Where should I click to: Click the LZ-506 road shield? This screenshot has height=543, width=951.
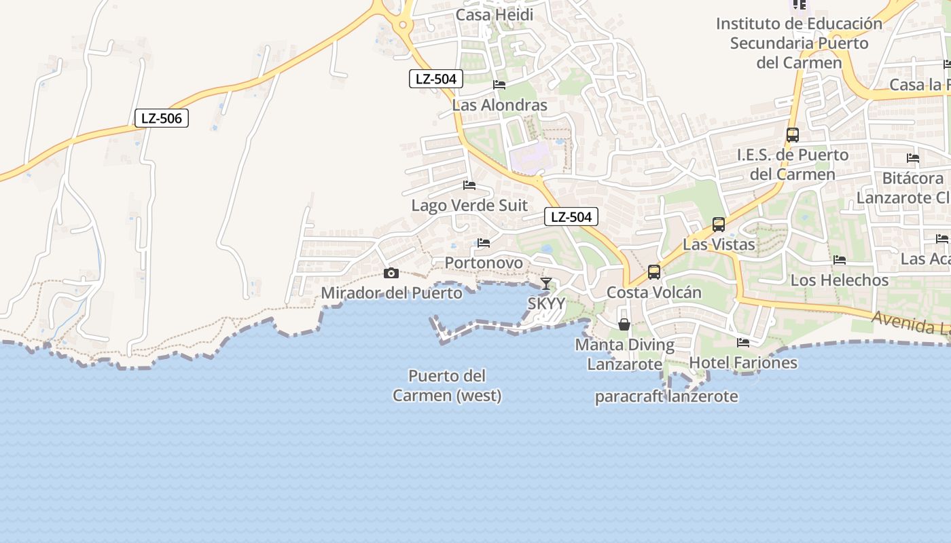click(161, 118)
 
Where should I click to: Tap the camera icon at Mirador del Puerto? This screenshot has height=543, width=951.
click(391, 274)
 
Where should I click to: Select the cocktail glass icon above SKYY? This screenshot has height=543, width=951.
click(546, 284)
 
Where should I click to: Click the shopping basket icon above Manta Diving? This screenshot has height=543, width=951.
click(624, 324)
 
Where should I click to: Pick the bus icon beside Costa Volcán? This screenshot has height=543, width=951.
click(654, 272)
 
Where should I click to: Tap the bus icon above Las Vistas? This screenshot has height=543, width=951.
click(719, 225)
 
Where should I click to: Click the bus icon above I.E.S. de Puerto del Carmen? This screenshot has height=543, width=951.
click(793, 134)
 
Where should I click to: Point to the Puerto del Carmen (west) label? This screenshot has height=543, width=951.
click(447, 386)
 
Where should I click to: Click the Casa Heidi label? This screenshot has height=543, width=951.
click(495, 15)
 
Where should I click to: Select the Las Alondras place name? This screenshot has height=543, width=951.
click(499, 105)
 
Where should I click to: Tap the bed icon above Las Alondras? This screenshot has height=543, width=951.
click(499, 85)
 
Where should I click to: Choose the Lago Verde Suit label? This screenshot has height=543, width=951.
click(469, 205)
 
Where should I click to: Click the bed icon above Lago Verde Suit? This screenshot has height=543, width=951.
click(469, 185)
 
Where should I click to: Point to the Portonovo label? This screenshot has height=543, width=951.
click(484, 263)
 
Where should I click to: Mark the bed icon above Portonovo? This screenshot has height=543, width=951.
click(484, 242)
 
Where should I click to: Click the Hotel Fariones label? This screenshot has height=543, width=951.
click(743, 362)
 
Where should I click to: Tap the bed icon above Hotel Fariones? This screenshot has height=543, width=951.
click(743, 343)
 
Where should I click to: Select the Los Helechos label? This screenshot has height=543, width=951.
click(840, 280)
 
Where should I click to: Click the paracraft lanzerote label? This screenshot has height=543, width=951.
click(666, 396)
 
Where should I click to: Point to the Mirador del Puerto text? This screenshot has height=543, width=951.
click(391, 293)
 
